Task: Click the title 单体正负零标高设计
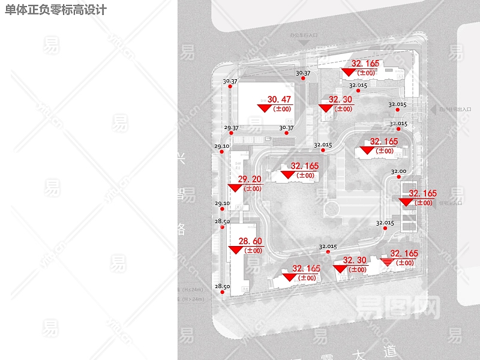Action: tap(56, 10)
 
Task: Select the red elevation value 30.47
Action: tap(279, 100)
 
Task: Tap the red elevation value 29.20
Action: tap(250, 179)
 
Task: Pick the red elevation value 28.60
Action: tap(250, 241)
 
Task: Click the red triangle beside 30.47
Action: tap(265, 109)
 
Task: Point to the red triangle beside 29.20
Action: tap(235, 188)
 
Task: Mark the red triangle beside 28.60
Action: tap(236, 250)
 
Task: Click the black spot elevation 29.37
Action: tap(231, 128)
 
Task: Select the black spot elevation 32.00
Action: tap(398, 172)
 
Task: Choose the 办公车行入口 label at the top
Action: tap(303, 35)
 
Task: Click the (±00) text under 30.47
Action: tap(282, 109)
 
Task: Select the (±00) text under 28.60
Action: tap(253, 251)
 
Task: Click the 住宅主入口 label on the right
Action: tap(451, 203)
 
